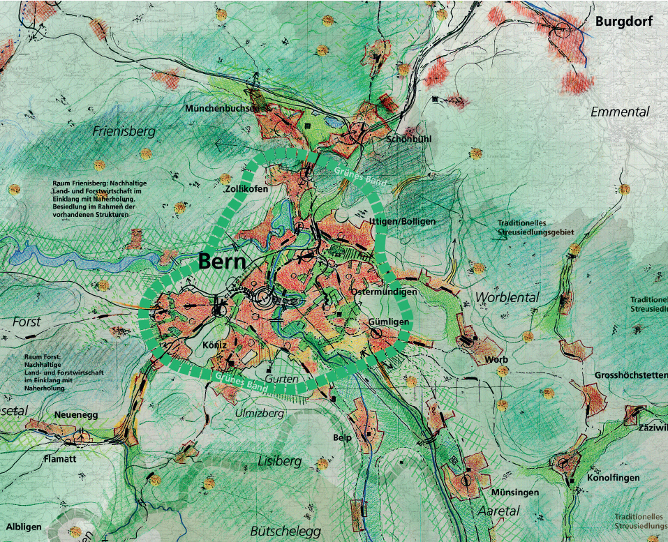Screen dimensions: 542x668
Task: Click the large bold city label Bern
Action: [222, 262]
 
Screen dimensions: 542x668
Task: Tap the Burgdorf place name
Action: [623, 22]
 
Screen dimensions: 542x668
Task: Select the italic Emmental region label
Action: [620, 112]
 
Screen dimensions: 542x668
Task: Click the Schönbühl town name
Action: [409, 139]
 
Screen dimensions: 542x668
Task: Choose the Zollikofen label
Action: [247, 189]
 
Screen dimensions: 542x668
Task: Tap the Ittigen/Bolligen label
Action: [401, 221]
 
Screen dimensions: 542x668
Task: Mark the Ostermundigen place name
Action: [385, 292]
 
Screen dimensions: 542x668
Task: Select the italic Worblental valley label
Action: [507, 297]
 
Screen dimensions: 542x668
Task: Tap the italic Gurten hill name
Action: [281, 379]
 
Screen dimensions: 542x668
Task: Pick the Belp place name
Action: [342, 437]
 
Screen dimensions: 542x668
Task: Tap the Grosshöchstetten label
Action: [631, 375]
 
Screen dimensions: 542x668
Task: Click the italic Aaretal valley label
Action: [498, 511]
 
